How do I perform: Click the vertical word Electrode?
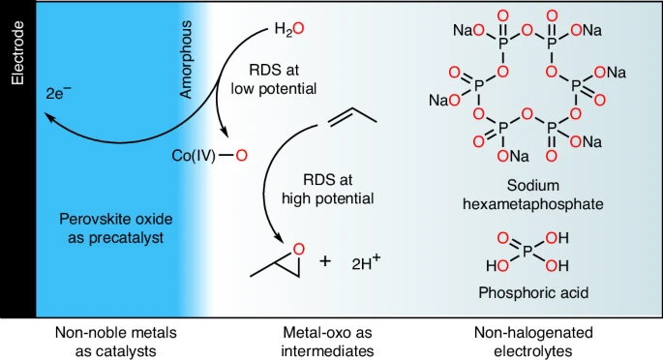coord(17,53)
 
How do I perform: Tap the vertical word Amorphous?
coord(185,59)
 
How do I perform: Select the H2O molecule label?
coord(289,29)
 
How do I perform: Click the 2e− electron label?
coord(58,93)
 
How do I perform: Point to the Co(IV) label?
coord(194,156)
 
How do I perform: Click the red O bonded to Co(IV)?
coord(241,156)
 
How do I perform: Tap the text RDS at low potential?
coord(274,79)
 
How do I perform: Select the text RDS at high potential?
coord(328,189)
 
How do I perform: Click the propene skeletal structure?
coord(347,117)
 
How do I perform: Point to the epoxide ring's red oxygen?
coord(298,250)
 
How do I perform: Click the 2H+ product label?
coord(366,262)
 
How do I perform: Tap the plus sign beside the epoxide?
coord(325,261)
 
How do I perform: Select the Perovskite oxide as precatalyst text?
coord(116,228)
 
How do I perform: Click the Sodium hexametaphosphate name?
coord(532,195)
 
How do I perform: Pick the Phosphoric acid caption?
coord(533,292)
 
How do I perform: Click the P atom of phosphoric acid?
coord(527,252)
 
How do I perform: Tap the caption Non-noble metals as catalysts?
coord(116,342)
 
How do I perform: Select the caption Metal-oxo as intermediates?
coord(328,342)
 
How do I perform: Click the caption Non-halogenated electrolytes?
coord(533,342)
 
